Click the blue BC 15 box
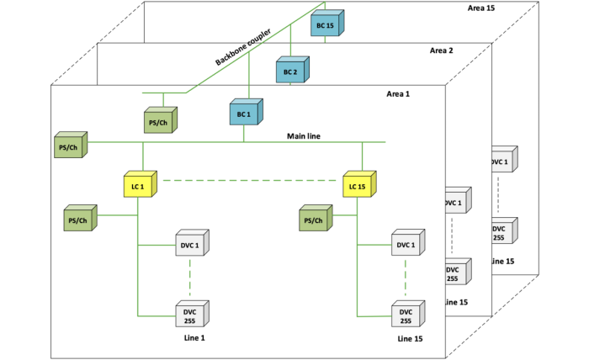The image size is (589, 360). (x=327, y=23)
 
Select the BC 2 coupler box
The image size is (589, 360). (x=293, y=70)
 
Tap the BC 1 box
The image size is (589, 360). (x=247, y=112)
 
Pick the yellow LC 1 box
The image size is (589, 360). (x=141, y=184)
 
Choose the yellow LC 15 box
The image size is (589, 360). (x=359, y=184)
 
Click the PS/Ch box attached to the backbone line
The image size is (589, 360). (x=161, y=120)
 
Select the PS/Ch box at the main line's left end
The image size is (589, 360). (x=71, y=145)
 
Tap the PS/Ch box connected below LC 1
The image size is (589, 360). (x=81, y=218)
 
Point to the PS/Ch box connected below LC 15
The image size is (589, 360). (x=316, y=218)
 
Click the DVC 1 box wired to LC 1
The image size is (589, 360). (x=193, y=243)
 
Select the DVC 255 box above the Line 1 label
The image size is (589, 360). (x=193, y=314)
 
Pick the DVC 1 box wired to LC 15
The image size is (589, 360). (x=408, y=243)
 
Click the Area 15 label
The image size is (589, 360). (x=481, y=8)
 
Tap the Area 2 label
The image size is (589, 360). (x=442, y=50)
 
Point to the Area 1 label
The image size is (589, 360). (x=398, y=94)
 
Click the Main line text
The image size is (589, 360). (x=304, y=136)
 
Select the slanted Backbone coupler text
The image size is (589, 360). (x=243, y=46)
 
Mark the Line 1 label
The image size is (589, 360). (x=194, y=338)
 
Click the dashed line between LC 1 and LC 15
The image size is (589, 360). (x=250, y=181)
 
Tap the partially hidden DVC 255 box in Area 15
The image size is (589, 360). (x=505, y=230)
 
